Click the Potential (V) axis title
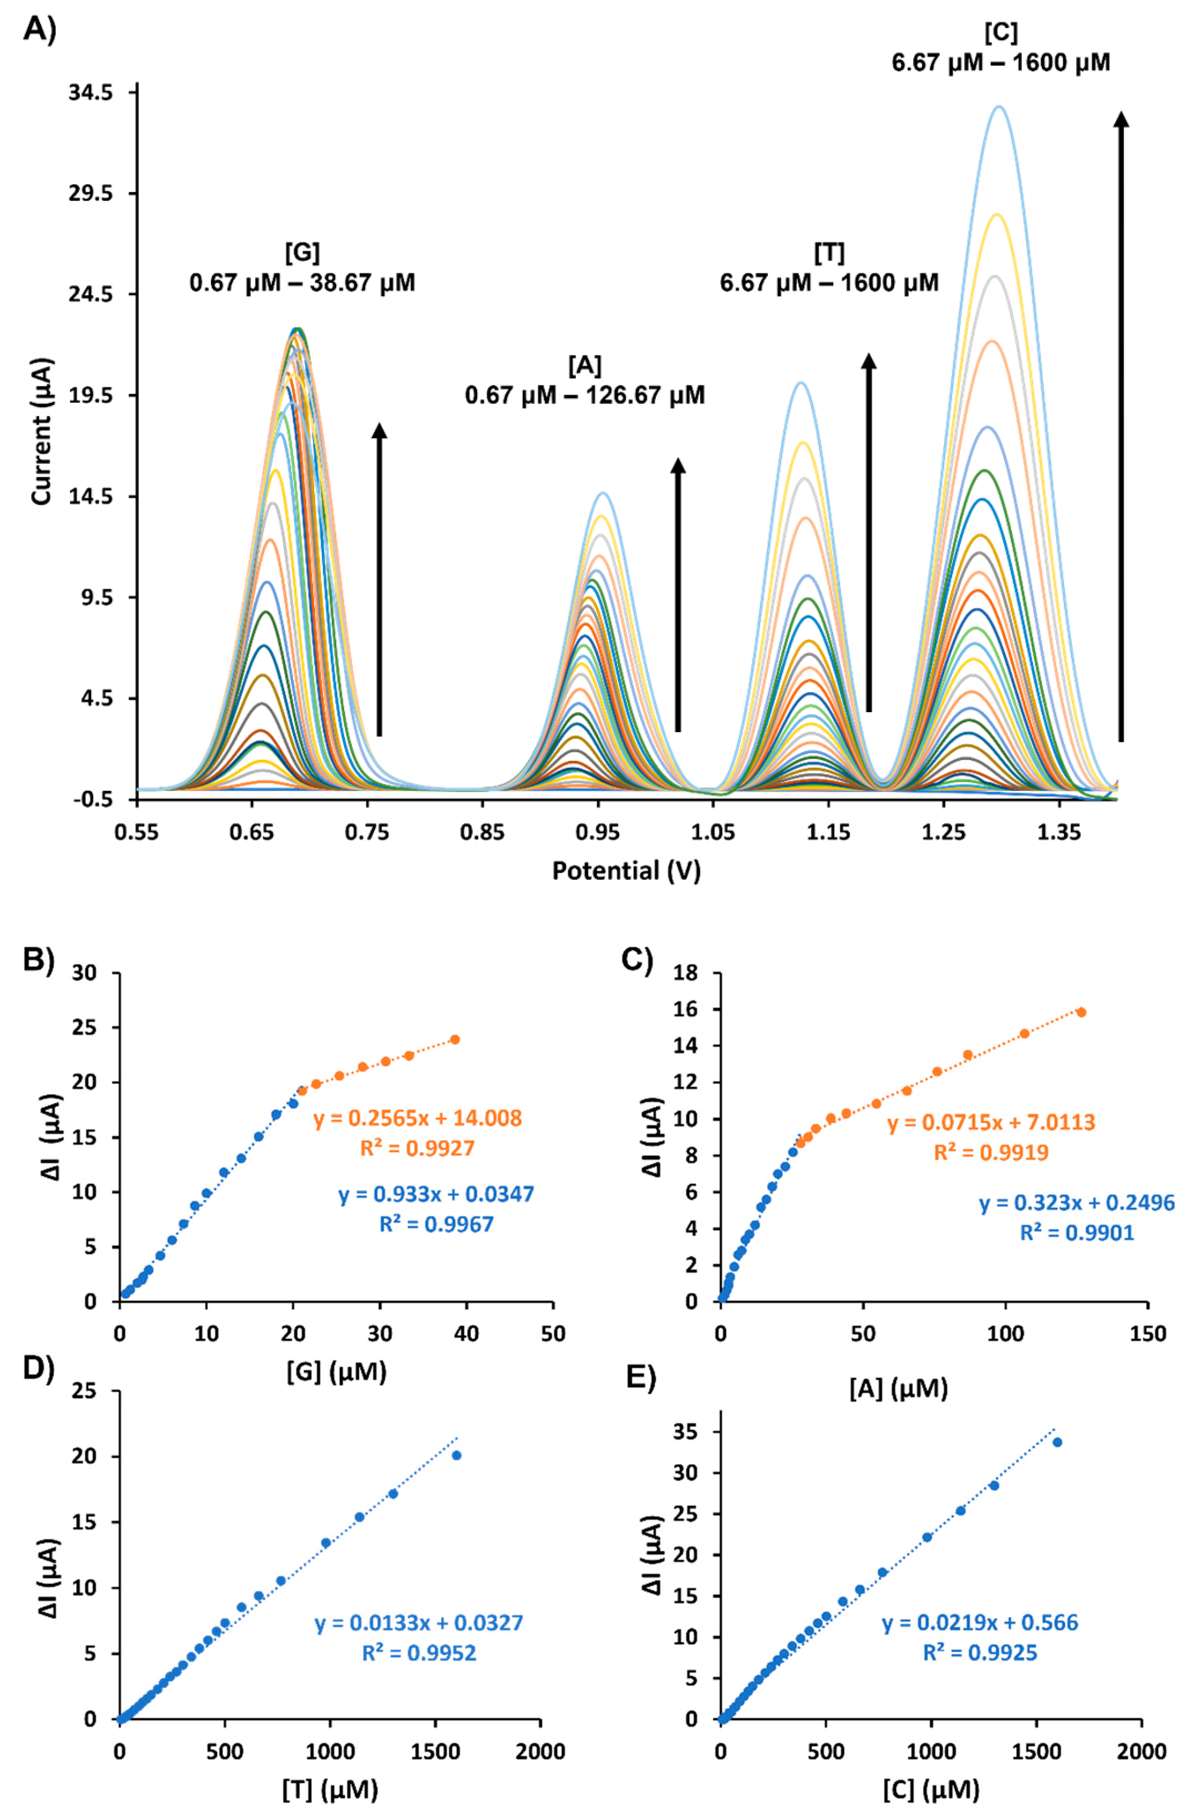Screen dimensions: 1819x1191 626,871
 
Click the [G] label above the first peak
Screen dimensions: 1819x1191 302,252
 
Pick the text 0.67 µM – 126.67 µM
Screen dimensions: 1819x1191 585,395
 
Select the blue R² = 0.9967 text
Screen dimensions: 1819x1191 437,1224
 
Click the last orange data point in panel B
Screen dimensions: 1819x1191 455,1040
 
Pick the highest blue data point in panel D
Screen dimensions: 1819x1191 456,1455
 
